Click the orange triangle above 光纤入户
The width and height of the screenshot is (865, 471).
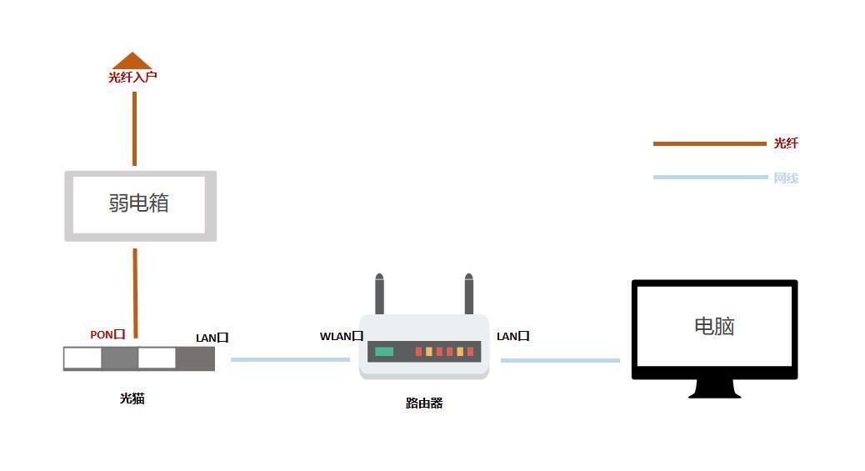132,61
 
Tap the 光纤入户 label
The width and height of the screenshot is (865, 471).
132,77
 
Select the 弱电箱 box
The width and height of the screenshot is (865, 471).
141,206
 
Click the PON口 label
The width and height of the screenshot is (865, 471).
107,334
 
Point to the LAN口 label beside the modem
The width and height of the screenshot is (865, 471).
212,338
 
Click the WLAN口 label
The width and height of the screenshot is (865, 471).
342,336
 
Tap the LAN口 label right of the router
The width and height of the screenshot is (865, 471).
513,336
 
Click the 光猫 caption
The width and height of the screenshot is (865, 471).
132,398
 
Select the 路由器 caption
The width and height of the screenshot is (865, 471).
424,403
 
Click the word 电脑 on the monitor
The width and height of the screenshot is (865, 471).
714,326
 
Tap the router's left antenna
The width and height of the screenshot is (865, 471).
379,293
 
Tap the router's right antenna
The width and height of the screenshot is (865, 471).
469,293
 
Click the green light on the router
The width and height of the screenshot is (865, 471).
384,352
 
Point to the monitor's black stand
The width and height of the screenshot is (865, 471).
714,388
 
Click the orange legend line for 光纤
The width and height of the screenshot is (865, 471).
710,143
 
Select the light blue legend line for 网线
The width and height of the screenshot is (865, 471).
711,178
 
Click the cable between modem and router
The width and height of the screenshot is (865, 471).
290,359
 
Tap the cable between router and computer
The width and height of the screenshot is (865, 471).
561,360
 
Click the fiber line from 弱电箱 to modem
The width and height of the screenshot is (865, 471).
135,293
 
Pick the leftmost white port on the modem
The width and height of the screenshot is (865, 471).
82,358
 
